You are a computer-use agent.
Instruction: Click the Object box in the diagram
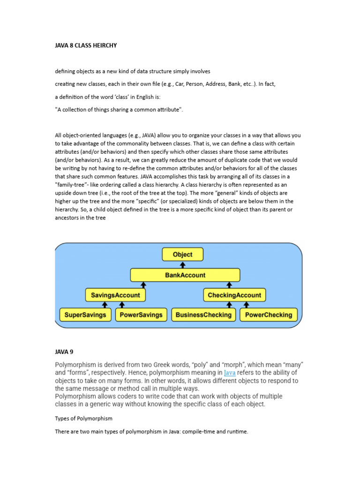point(183,255)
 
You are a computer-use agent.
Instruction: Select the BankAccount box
point(185,275)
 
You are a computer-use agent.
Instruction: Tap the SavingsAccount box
point(115,295)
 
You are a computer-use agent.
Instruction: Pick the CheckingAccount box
point(235,295)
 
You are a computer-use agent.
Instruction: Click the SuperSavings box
point(86,315)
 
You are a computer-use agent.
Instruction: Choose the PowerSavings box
point(141,315)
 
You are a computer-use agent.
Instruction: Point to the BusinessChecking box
point(203,315)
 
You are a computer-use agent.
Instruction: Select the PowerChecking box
point(269,315)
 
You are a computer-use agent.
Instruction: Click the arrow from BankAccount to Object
point(183,265)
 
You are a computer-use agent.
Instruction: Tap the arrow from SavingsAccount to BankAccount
point(143,285)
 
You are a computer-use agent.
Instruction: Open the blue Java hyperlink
point(230,373)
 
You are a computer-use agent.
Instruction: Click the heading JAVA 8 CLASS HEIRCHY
point(86,45)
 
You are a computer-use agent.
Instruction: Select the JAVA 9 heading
point(64,351)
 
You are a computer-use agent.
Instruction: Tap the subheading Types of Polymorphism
point(84,418)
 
